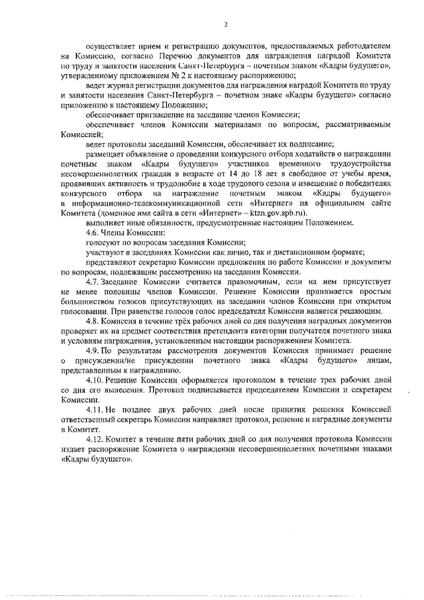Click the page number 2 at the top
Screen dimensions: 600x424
(x=225, y=25)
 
